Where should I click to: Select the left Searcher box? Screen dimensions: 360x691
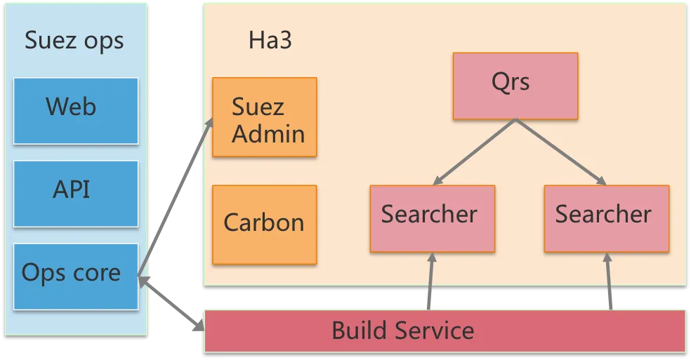[432, 218]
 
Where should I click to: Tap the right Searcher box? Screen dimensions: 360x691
[606, 218]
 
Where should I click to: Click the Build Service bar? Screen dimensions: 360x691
[445, 331]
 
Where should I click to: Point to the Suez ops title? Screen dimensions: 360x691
[74, 41]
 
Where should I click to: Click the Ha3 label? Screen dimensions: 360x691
[270, 41]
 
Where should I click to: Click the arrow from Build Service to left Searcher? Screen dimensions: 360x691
[430, 281]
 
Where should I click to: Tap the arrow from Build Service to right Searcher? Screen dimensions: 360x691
[609, 281]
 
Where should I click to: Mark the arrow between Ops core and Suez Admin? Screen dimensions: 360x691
[176, 196]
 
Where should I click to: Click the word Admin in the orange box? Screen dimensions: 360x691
[268, 133]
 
